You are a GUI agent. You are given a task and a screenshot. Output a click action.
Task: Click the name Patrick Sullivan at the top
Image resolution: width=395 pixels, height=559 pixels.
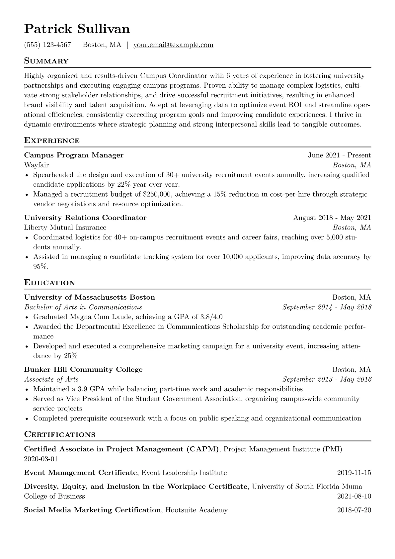77,29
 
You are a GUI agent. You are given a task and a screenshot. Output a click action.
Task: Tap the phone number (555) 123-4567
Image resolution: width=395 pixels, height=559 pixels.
47,45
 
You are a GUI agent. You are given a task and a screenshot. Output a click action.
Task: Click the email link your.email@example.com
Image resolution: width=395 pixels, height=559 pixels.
173,45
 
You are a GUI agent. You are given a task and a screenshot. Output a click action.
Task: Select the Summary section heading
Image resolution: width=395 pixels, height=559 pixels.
46,61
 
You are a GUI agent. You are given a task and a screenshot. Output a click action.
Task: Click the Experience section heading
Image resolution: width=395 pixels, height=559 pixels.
52,140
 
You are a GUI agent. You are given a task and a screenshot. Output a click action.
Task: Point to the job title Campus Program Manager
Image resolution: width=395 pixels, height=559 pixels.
74,155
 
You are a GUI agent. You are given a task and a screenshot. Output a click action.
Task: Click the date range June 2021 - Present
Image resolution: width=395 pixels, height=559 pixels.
339,155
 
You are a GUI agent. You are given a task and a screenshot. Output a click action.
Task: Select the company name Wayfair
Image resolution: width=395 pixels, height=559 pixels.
36,165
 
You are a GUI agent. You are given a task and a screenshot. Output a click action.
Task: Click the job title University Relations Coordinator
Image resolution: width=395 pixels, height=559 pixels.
85,218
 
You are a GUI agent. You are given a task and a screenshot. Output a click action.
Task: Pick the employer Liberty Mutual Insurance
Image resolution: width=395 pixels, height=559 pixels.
65,228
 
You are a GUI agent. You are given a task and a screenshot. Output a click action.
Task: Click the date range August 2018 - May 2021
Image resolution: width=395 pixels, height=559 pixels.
332,218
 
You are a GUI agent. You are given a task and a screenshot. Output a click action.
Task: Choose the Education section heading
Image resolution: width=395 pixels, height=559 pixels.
50,283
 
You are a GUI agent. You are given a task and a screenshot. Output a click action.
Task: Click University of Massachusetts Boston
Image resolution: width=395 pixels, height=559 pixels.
90,297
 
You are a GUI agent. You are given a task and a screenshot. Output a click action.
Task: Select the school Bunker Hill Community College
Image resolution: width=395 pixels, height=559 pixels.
83,370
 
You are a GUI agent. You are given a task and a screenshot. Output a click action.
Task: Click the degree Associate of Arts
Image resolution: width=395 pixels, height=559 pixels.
51,379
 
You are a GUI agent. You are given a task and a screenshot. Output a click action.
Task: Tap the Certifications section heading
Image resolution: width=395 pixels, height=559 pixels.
60,434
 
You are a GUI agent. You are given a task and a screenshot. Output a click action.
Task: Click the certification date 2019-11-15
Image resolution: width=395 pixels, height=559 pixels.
354,473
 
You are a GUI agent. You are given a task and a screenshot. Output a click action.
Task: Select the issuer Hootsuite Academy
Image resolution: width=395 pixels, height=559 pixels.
196,510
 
